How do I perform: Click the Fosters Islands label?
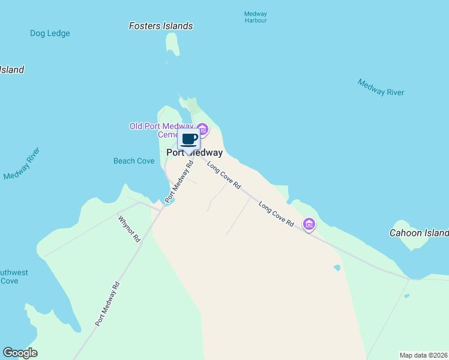pos(161,26)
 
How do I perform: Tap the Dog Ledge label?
pos(50,34)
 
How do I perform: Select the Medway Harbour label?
pos(256,17)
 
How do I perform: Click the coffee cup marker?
pos(189,140)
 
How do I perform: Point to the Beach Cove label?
pos(134,161)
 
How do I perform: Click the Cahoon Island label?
pos(419,233)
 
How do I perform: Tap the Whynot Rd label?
pos(129,229)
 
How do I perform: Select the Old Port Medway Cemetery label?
pos(162,130)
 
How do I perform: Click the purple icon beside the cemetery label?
pos(203,129)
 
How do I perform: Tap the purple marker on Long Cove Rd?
pos(309,224)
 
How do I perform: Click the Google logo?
pos(20,353)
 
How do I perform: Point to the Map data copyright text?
pos(423,355)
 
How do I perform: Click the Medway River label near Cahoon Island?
pos(381,88)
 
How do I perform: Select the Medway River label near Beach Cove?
pos(21,164)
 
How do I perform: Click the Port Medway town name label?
pos(194,153)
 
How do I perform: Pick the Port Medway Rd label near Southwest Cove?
pos(107,304)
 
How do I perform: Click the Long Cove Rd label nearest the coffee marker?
pos(224,176)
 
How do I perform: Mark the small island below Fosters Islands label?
pos(172,47)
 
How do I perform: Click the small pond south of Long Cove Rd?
pos(337,267)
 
